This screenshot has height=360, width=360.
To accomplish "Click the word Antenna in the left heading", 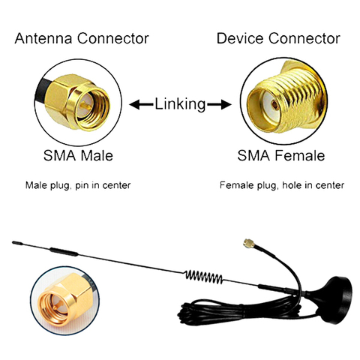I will tap(42, 38).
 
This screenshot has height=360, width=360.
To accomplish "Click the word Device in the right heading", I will tap(237, 38).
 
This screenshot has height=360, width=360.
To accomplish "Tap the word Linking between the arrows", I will tap(180, 104).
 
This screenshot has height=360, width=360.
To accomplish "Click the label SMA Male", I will tap(77, 156).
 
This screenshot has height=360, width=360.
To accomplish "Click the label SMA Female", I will tap(281, 156).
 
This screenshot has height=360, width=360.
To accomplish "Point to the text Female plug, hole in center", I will tap(281, 184).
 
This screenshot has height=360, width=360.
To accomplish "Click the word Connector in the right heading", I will tap(303, 38).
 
